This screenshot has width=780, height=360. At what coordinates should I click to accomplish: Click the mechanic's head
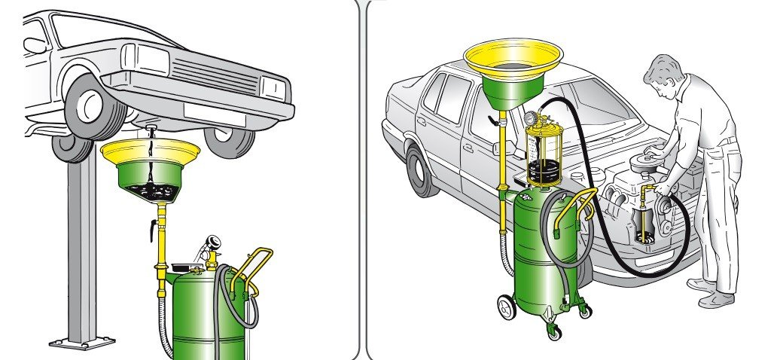click(x=663, y=75)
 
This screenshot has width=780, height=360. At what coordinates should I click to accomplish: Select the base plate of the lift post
click(x=82, y=343)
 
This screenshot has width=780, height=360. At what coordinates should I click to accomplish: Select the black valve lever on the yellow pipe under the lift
click(x=154, y=225)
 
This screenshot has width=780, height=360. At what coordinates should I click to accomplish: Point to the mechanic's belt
click(x=724, y=142)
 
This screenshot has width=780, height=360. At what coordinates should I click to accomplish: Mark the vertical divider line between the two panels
click(x=362, y=181)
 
